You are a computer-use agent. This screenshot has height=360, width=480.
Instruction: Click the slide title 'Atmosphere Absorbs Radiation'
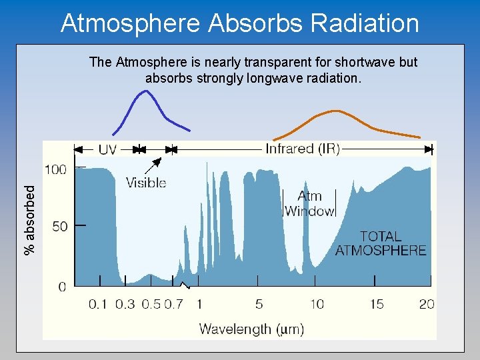click(x=240, y=23)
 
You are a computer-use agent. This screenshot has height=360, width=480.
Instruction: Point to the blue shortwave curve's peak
click(x=144, y=91)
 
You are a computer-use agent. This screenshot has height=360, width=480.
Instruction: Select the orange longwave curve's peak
click(x=335, y=111)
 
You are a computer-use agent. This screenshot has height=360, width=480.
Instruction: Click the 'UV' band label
click(x=107, y=149)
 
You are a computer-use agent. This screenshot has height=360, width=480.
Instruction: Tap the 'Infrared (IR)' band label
click(x=303, y=149)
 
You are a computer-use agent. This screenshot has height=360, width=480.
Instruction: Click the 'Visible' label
click(x=146, y=182)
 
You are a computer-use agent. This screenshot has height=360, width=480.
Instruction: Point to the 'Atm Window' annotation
click(x=309, y=203)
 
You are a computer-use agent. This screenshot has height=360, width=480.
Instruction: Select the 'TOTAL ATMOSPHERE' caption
click(x=380, y=243)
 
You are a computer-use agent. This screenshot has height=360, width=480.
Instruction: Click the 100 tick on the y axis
click(x=55, y=169)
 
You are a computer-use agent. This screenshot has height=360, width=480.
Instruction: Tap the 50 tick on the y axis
click(x=59, y=226)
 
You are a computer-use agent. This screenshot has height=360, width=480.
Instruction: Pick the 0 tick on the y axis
click(x=62, y=287)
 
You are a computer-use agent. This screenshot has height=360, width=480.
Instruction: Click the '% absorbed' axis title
click(x=30, y=219)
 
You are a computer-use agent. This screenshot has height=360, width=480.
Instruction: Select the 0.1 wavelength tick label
click(x=98, y=305)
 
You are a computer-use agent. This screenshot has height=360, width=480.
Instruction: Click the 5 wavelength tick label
click(x=259, y=305)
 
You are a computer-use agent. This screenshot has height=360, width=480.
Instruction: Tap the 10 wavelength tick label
click(x=317, y=305)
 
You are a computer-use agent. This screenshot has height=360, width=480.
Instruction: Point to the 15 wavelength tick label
click(x=377, y=305)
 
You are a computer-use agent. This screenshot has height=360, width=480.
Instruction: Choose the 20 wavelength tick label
click(x=427, y=305)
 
